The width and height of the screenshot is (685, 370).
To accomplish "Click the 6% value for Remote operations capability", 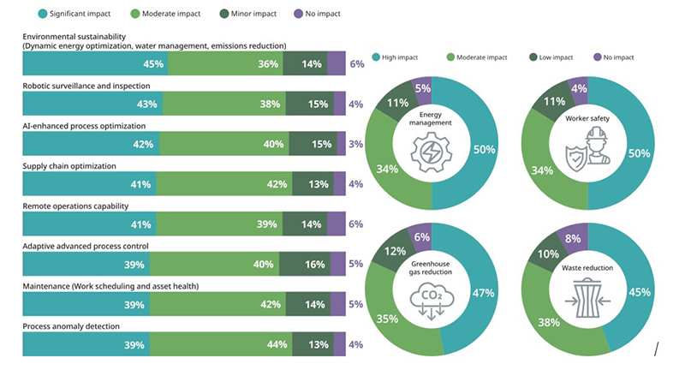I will tap(357, 224).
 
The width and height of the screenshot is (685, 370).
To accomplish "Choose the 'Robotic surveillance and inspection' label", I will tap(86, 86).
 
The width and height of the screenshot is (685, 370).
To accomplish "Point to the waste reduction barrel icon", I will tap(587, 300).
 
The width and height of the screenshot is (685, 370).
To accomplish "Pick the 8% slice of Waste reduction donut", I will tap(572, 239).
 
